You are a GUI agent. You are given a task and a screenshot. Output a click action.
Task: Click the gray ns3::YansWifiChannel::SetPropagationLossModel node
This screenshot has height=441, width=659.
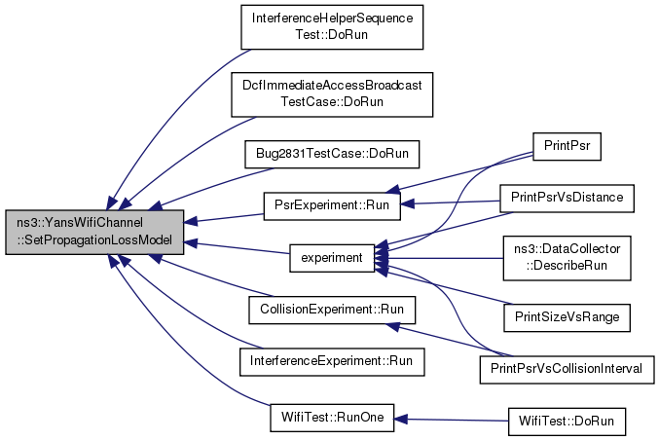pyautogui.click(x=94, y=232)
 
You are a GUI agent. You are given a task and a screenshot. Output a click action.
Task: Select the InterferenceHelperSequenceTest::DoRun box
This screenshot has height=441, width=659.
pyautogui.click(x=332, y=27)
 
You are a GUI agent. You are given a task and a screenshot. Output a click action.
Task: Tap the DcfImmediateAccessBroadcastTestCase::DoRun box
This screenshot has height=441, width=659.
pyautogui.click(x=332, y=94)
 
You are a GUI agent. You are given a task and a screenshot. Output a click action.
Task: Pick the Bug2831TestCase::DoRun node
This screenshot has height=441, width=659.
pyautogui.click(x=332, y=154)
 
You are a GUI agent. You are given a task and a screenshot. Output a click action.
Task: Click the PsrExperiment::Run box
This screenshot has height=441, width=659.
pyautogui.click(x=332, y=206)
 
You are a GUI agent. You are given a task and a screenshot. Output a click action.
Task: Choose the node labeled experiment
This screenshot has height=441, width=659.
pyautogui.click(x=332, y=258)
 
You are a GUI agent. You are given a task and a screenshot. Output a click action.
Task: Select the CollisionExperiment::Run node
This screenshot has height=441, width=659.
pyautogui.click(x=332, y=311)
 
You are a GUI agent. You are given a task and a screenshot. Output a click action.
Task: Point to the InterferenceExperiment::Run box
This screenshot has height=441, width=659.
pyautogui.click(x=332, y=362)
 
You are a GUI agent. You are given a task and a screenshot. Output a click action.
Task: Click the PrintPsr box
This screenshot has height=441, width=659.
pyautogui.click(x=567, y=146)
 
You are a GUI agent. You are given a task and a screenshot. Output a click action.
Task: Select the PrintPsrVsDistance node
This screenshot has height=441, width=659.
pyautogui.click(x=567, y=199)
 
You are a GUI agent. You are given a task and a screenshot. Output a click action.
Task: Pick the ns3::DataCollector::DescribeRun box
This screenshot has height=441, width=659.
pyautogui.click(x=567, y=258)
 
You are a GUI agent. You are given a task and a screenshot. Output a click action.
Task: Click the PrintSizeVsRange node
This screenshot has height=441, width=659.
pyautogui.click(x=567, y=317)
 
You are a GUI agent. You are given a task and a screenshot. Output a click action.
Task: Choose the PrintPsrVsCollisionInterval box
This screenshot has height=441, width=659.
pyautogui.click(x=567, y=370)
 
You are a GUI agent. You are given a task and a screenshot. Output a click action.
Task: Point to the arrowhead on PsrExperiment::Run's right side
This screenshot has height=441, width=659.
pyautogui.click(x=407, y=203)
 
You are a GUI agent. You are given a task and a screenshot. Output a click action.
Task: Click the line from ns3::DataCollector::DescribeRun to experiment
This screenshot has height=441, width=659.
pyautogui.click(x=439, y=258)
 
